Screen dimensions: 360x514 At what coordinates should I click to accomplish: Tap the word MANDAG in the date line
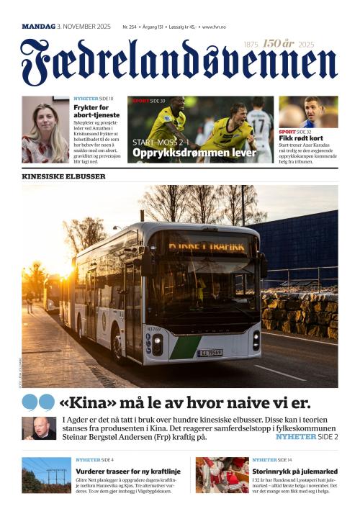click(38, 27)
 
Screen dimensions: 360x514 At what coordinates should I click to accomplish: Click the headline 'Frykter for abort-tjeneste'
click(96, 111)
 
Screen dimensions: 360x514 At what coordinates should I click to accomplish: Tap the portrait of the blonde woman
click(45, 130)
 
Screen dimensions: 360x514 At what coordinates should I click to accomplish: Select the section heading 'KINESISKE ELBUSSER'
click(63, 176)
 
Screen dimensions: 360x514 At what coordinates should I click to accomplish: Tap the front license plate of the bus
click(210, 353)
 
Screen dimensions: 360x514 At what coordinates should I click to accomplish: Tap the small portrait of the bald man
click(39, 428)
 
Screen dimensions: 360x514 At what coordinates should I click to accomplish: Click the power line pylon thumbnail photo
click(45, 475)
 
